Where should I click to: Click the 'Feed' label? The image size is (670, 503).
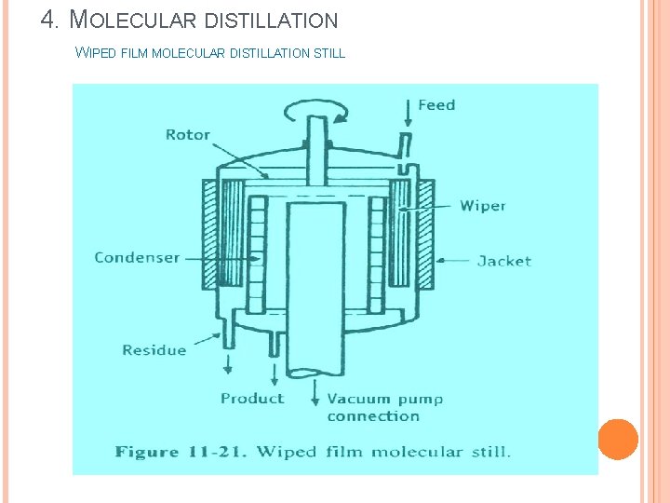[436, 104]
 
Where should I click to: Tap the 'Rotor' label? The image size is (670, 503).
[188, 134]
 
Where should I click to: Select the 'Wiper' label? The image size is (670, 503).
[483, 205]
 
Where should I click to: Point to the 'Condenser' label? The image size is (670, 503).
[137, 257]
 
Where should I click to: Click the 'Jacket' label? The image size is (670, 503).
[503, 261]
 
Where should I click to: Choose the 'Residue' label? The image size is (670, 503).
[154, 350]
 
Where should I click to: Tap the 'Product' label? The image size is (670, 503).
[252, 398]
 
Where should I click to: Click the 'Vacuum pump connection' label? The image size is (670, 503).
[384, 407]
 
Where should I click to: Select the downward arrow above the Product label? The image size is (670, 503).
[275, 374]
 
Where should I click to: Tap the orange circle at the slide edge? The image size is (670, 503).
[618, 439]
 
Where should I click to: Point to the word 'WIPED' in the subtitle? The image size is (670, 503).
[96, 53]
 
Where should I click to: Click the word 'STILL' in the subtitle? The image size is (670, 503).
[329, 53]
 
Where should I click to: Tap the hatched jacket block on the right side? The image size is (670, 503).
[424, 232]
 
